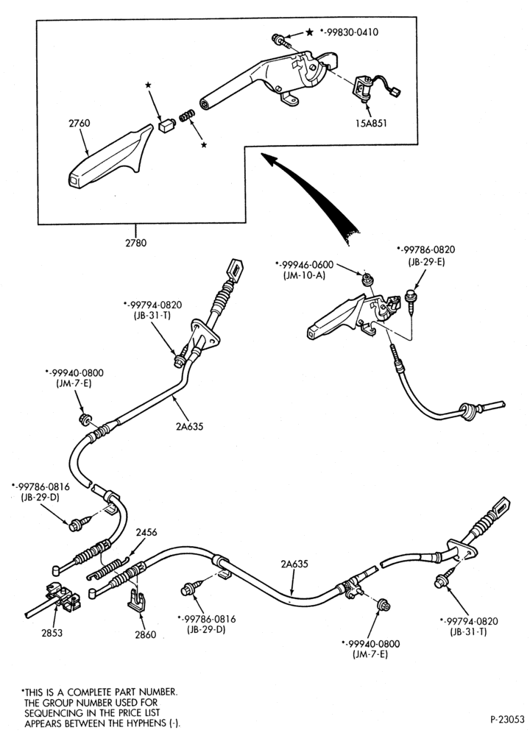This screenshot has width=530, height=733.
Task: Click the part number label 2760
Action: [79, 124]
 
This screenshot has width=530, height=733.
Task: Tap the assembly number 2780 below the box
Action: [135, 243]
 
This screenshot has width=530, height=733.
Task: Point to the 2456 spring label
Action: [146, 532]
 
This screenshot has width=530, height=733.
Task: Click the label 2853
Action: [52, 633]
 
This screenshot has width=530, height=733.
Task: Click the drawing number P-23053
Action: [506, 718]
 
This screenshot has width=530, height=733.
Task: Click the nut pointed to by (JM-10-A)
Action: [367, 280]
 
